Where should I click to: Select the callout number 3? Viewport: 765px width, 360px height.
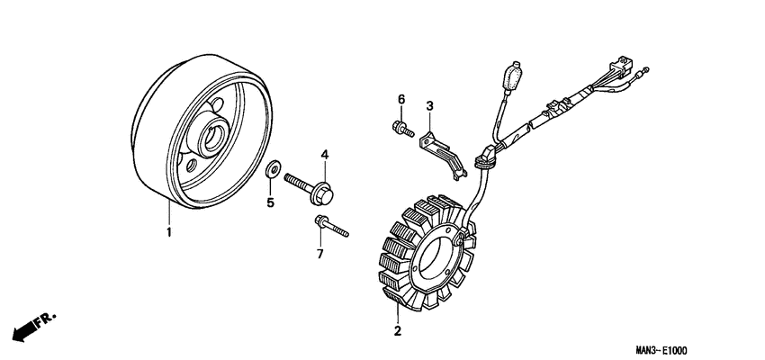tap(430, 107)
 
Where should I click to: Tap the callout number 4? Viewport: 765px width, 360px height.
tap(326, 156)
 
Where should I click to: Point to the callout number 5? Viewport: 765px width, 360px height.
tap(269, 202)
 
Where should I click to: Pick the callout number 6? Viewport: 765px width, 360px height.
tap(401, 98)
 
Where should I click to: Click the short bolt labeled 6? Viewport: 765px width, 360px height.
tap(401, 130)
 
